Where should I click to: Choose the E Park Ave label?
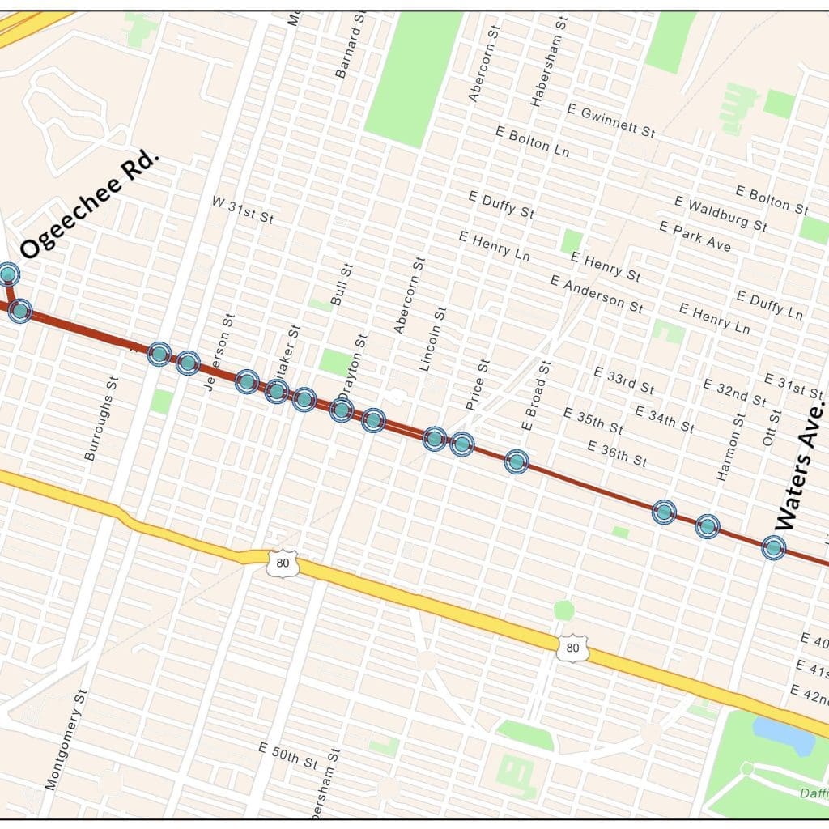[695, 236]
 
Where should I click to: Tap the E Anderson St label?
[597, 294]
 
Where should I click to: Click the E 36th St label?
[617, 453]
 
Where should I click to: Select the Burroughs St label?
[101, 418]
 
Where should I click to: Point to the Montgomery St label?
[65, 738]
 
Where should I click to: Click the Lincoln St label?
[433, 338]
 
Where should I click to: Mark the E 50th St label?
[287, 754]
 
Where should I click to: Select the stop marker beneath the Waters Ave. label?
[774, 547]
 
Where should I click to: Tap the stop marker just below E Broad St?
[517, 461]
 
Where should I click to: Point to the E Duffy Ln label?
[770, 304]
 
